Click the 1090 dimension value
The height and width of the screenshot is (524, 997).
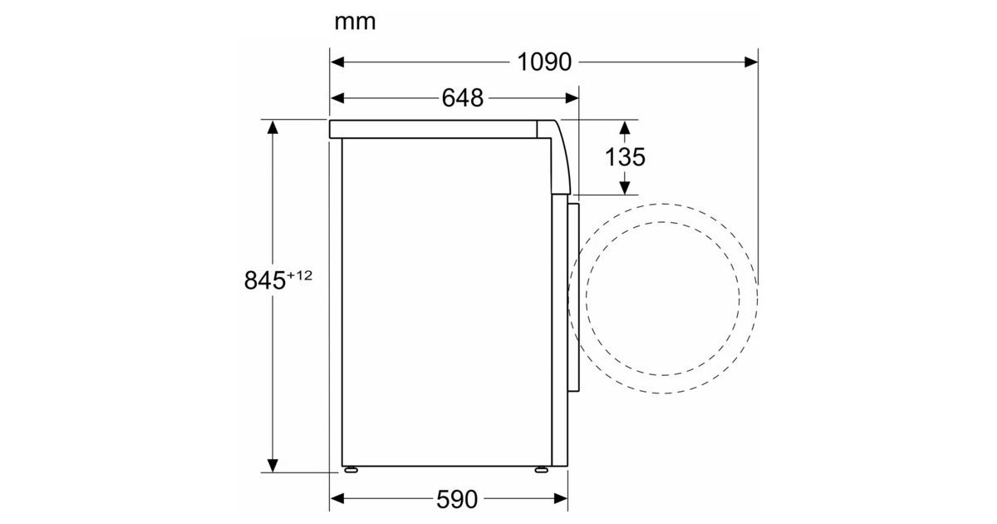tap(544, 62)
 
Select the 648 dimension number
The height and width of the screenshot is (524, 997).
tap(463, 98)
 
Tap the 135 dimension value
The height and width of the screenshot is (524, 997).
tap(625, 157)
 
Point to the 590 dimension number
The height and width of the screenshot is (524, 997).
tap(457, 499)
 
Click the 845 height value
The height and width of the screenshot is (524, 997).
tap(265, 280)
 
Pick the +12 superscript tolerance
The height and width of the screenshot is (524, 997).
tap(300, 275)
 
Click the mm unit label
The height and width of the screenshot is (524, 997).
tap(355, 22)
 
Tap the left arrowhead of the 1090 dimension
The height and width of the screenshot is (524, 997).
tap(337, 62)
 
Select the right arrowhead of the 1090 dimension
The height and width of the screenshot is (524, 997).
tap(751, 62)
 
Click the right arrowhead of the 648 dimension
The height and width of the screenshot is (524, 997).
tap(572, 98)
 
